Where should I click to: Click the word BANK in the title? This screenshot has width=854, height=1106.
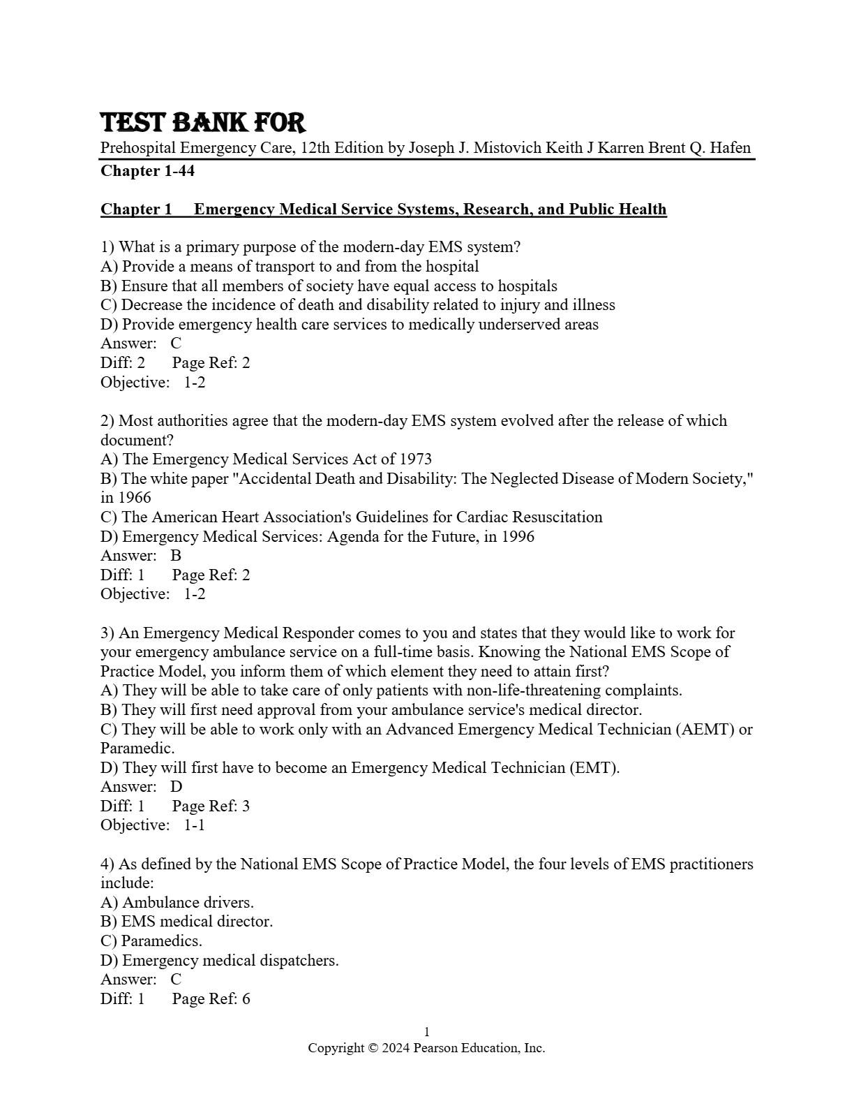coord(209,123)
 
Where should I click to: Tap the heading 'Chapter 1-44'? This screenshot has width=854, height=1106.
coord(147,171)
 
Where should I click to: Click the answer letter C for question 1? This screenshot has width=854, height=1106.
coord(176,344)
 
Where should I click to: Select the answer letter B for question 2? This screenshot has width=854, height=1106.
coord(176,556)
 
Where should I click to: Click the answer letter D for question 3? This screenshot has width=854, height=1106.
coord(177,787)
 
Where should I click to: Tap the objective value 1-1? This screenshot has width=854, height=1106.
coord(195,825)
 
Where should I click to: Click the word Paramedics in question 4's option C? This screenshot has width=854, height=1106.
coord(161,941)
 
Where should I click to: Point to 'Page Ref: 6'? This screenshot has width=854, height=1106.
coord(211,999)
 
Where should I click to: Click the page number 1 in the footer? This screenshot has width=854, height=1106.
coord(427,1032)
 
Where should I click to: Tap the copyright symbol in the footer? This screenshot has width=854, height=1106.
coord(373,1048)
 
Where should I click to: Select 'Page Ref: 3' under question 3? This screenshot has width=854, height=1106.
coord(211,806)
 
